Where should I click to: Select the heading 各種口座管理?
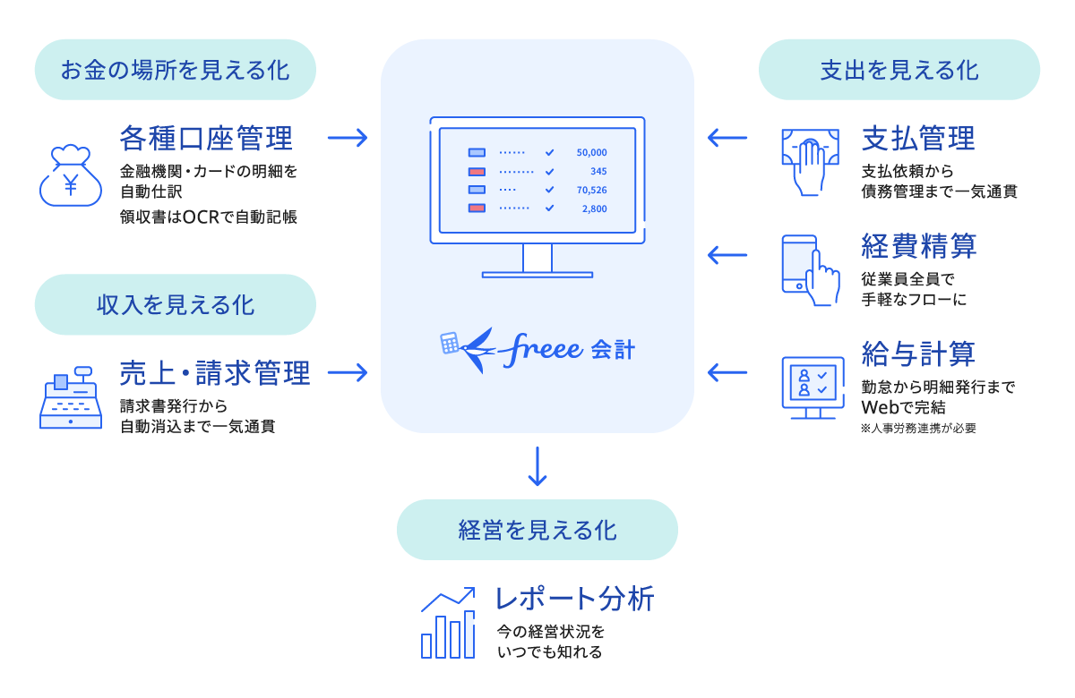point(206,139)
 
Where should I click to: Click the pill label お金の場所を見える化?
point(176,69)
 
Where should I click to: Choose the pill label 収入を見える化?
point(176,304)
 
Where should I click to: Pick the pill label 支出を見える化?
point(899,69)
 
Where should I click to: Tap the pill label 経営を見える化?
point(537,530)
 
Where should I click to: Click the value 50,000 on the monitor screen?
point(592,153)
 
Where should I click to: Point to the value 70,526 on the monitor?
point(592,190)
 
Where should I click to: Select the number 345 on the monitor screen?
point(598,171)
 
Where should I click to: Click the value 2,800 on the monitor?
point(594,209)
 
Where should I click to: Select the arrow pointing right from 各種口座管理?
point(348,138)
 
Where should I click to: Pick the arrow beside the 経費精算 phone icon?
point(727,255)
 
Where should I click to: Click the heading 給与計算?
point(918,353)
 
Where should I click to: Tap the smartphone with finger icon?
point(810,268)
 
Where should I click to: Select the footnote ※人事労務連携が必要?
point(918,428)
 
